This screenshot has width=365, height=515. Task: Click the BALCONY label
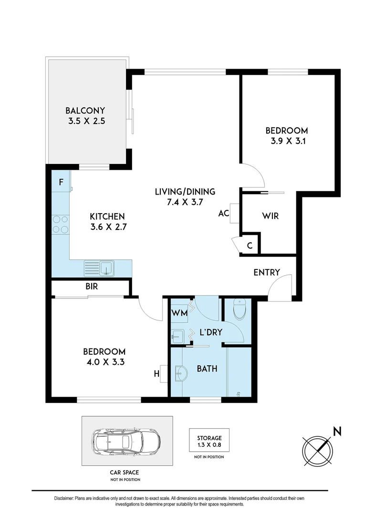click(85, 111)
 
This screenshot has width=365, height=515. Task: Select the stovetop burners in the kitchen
click(61, 224)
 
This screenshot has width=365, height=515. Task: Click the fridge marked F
click(61, 182)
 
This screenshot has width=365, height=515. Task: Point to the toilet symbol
click(239, 309)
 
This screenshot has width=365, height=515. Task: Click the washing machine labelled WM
click(179, 313)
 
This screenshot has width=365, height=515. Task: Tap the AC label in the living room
click(224, 214)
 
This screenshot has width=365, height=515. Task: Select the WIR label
click(271, 216)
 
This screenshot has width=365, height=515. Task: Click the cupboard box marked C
click(250, 246)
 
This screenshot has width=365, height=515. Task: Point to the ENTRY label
click(267, 272)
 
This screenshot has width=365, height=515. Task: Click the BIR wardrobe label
click(92, 287)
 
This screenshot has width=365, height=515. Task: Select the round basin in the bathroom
click(179, 374)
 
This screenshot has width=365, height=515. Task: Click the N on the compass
click(337, 431)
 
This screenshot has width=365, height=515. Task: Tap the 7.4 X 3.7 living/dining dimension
click(185, 202)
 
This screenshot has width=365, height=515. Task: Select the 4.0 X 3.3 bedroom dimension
click(104, 362)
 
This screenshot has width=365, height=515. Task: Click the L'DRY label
click(211, 332)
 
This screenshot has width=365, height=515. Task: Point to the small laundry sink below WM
click(177, 337)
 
